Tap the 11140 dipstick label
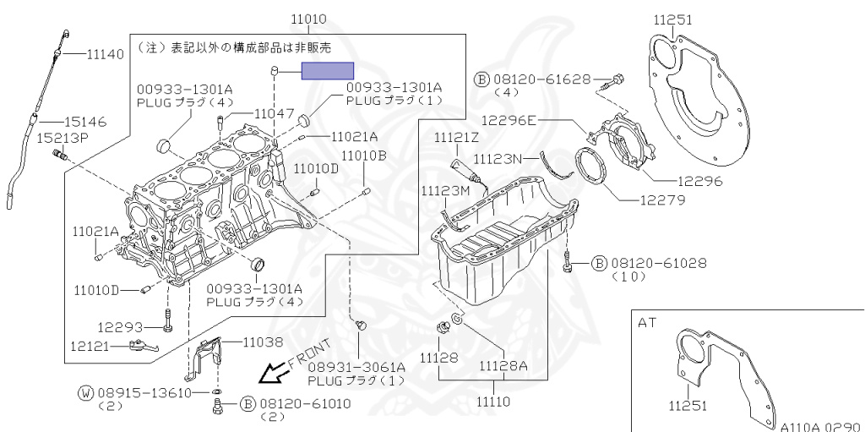pos(105,54)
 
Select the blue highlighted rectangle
pos(327,71)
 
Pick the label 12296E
pos(509,120)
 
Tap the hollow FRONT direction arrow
pos(273,371)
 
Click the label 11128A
pos(503,366)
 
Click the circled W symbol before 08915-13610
pos(86,393)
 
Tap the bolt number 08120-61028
pos(658,263)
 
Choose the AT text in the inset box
pos(648,323)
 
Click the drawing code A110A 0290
pos(819,425)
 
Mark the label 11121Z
pos(457,137)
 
